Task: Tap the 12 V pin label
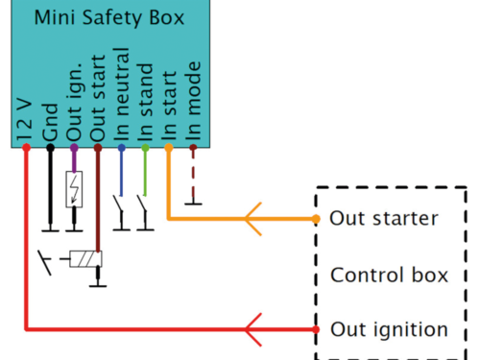point(26,120)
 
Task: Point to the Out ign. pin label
point(74,108)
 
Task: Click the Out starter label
point(384,218)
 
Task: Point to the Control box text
point(389,276)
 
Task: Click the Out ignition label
point(388,330)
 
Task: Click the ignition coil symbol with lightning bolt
point(74,189)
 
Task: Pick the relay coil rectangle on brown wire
point(86,259)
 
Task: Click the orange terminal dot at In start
point(169,148)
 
